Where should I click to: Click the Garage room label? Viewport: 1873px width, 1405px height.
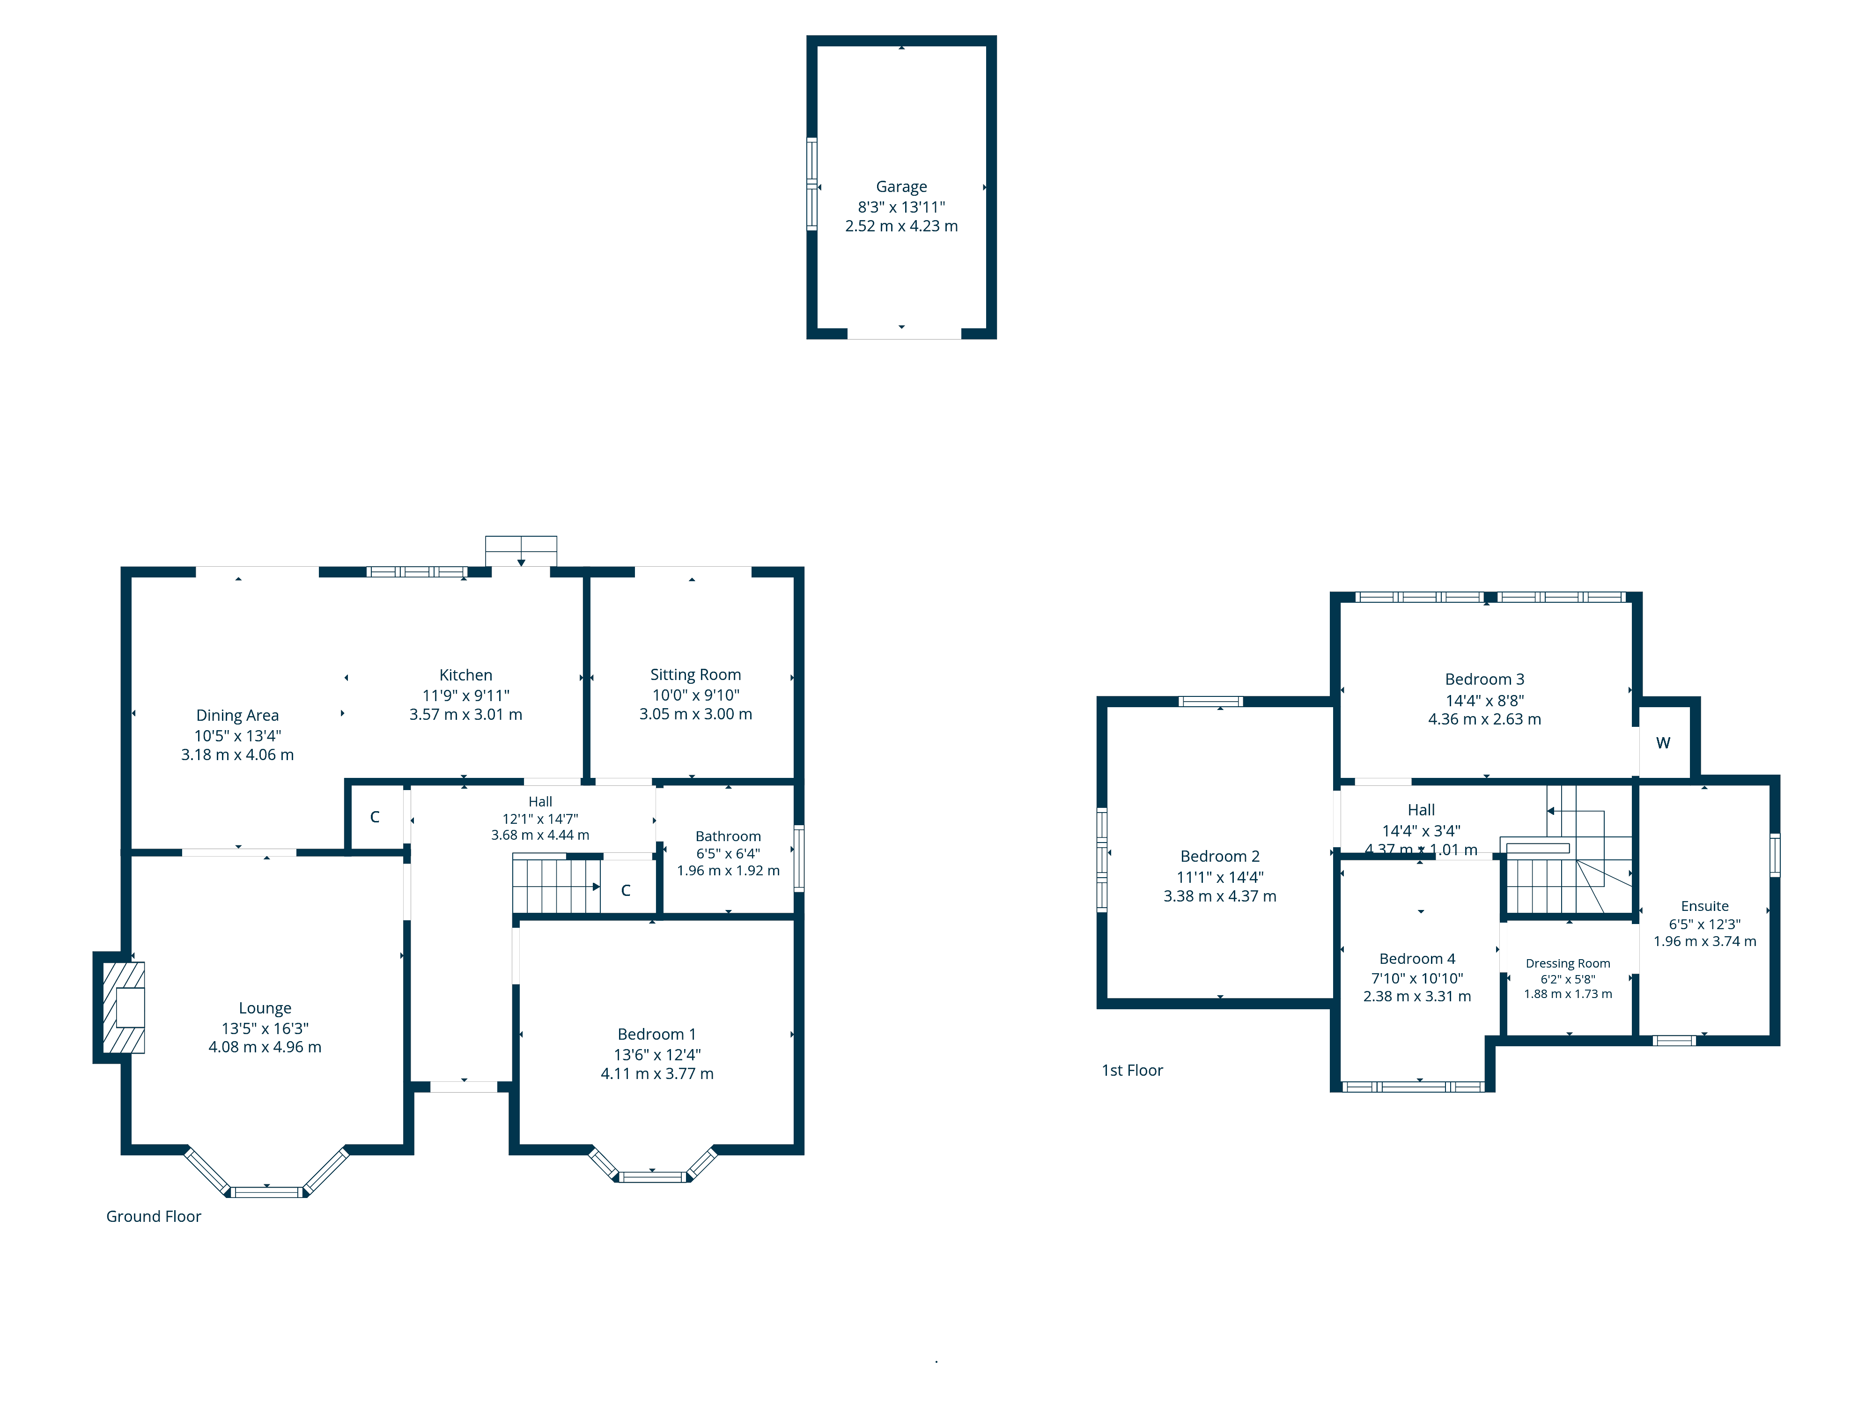click(x=901, y=186)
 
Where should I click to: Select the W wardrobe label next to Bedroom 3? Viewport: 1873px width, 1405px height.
click(x=1663, y=743)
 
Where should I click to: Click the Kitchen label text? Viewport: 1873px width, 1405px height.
click(x=466, y=675)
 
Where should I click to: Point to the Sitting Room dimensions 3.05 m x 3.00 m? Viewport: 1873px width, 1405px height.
click(x=695, y=714)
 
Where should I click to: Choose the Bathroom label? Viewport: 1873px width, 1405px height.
click(x=728, y=836)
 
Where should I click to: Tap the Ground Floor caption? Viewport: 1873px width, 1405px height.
click(x=153, y=1216)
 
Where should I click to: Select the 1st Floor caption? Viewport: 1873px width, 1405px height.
click(x=1132, y=1071)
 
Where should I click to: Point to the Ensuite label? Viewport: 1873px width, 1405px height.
click(x=1704, y=906)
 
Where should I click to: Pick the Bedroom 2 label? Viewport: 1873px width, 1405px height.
click(x=1219, y=856)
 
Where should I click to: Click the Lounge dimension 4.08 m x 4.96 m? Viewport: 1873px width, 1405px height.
click(x=265, y=1047)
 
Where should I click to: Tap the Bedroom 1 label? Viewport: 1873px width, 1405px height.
click(x=656, y=1034)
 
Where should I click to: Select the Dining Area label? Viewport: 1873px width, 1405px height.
click(x=237, y=716)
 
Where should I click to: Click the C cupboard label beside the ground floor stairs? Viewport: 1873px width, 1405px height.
click(x=626, y=890)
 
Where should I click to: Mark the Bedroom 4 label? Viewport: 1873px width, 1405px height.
click(x=1416, y=959)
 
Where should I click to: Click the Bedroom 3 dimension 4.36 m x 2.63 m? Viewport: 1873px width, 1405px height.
click(x=1484, y=719)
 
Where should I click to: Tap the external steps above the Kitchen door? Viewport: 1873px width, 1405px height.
click(x=521, y=550)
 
